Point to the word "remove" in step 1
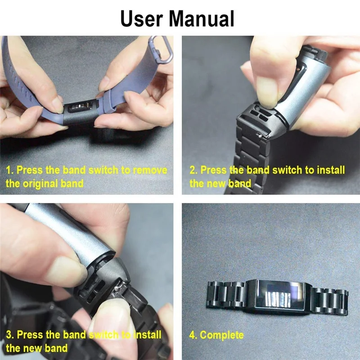150,171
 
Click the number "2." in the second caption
193,171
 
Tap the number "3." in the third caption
10,335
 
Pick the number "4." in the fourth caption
193,335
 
